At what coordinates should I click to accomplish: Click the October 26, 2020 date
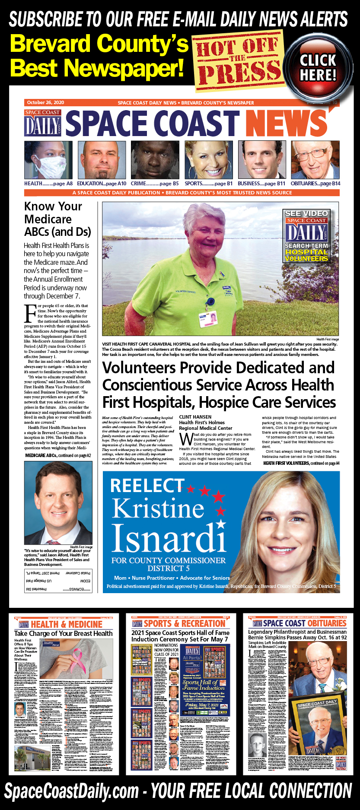click(x=45, y=102)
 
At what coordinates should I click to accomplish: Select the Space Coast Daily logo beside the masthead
click(x=43, y=123)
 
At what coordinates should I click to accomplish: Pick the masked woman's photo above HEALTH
click(x=48, y=160)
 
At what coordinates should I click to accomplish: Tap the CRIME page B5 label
click(x=155, y=184)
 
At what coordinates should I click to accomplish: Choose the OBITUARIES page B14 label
click(x=315, y=184)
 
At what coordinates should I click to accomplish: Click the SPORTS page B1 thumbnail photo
click(x=209, y=160)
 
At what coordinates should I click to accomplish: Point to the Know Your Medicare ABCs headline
click(x=57, y=219)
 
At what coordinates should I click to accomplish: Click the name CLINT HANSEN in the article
click(x=195, y=417)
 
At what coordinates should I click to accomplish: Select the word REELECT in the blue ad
click(x=147, y=486)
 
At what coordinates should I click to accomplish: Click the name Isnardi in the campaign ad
click(x=169, y=539)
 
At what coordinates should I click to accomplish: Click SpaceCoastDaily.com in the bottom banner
click(x=72, y=791)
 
